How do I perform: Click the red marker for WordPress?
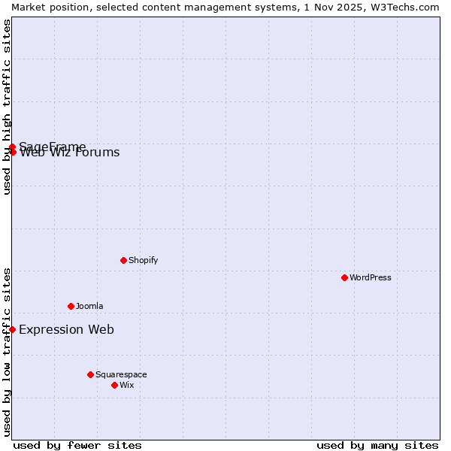point(344,277)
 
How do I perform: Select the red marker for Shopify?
point(123,260)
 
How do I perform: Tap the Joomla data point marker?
point(71,306)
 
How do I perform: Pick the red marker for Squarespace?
point(90,374)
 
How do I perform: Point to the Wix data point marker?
point(114,385)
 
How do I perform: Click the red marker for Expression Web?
point(12,329)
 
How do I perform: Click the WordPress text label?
point(371,277)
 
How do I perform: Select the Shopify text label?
point(143,260)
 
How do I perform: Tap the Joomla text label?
point(89,306)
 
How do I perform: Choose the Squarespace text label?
point(121,374)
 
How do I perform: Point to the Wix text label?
point(126,385)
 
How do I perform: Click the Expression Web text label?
point(66,329)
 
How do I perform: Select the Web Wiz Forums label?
point(69,153)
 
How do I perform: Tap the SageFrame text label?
point(53,146)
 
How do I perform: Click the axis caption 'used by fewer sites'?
point(77,445)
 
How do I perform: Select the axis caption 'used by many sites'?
point(377,445)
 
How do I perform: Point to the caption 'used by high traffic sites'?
point(7,106)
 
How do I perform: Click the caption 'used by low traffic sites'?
point(7,351)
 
